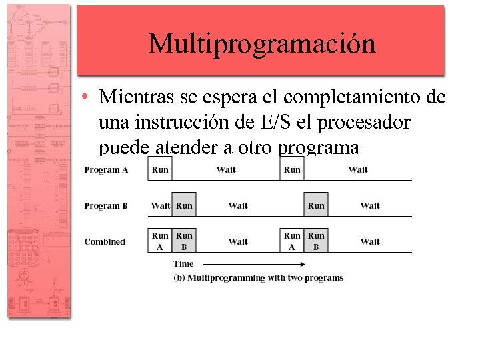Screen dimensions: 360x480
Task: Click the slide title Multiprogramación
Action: (262, 44)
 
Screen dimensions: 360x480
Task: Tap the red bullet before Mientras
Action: (86, 98)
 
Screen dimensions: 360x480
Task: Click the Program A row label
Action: (107, 170)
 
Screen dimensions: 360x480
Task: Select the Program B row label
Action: (106, 206)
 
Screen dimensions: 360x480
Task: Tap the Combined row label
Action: (105, 241)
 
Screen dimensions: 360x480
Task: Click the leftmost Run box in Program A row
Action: (160, 169)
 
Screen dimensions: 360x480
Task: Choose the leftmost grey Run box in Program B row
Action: (184, 205)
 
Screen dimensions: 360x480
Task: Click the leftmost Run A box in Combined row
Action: (160, 241)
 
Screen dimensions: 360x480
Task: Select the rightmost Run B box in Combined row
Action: (316, 241)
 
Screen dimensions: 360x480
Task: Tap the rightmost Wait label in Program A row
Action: (358, 170)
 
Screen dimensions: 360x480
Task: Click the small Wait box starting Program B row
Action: (160, 205)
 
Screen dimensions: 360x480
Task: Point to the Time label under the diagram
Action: (183, 264)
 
